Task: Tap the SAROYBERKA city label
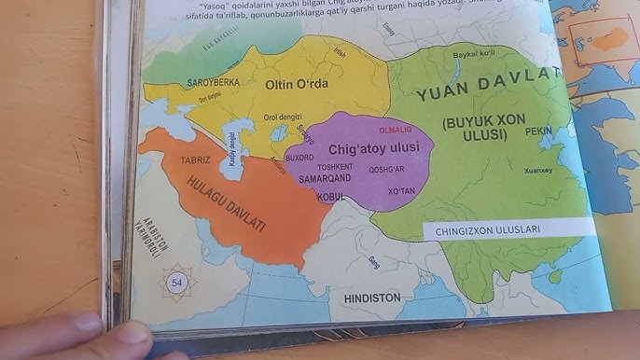[x=213, y=82]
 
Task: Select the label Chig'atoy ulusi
[x=374, y=148]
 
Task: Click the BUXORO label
[x=299, y=159]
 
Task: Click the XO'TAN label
[x=401, y=190]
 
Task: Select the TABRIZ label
[x=195, y=160]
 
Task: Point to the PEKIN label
[x=538, y=132]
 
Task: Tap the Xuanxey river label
[x=538, y=171]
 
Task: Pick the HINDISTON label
[x=371, y=298]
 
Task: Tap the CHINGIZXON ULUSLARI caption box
[x=494, y=228]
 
